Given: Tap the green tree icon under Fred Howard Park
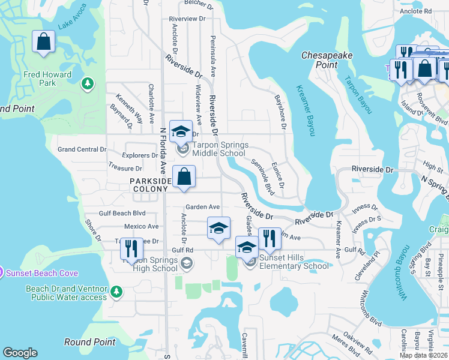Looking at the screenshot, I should coord(88,82).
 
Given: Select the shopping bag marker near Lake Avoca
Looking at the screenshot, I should coord(44,42).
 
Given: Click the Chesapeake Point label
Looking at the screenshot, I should coord(327,59).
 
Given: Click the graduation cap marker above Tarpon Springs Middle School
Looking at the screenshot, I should coord(181,132).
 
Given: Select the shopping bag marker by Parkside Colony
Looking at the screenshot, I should coord(184,177).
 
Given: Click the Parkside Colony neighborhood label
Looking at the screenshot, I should coord(149,185).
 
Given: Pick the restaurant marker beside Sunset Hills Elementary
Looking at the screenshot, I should coord(270,239).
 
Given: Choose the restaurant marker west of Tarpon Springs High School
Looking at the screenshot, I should coord(131,249).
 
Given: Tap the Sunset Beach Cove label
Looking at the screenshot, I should coord(42,273).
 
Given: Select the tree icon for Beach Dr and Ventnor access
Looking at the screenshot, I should coord(116,292).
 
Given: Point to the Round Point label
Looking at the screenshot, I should coord(89,342).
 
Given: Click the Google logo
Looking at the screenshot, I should coord(20,353).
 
